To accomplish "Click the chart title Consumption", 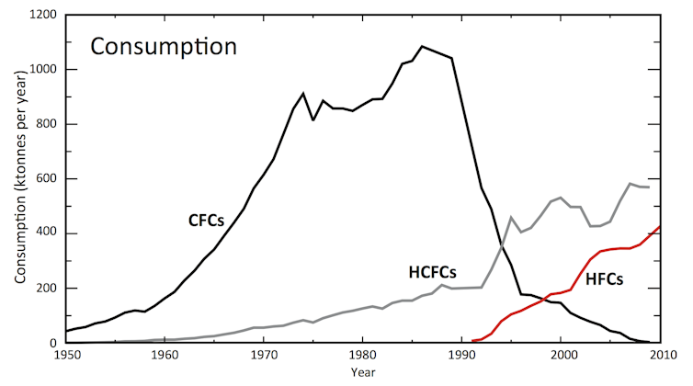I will click(x=163, y=45).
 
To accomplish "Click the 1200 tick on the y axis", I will click(x=42, y=16).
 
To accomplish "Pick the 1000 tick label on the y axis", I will click(x=42, y=70).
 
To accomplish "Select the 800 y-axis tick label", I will click(x=46, y=124).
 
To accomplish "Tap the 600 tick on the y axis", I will click(x=46, y=179).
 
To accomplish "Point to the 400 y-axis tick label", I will click(x=46, y=233).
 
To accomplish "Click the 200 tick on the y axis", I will click(x=46, y=289).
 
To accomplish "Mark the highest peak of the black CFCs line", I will click(x=422, y=46).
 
